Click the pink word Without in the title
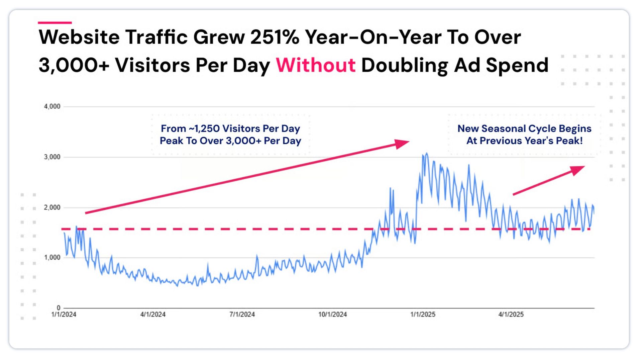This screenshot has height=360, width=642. pyautogui.click(x=315, y=65)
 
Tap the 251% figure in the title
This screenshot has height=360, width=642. pyautogui.click(x=274, y=37)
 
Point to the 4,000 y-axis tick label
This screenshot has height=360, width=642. pyautogui.click(x=52, y=106)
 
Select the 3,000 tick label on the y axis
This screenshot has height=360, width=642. pyautogui.click(x=52, y=157)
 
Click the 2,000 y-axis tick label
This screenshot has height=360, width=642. pyautogui.click(x=52, y=207)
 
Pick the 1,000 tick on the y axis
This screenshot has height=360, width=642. pyautogui.click(x=52, y=257)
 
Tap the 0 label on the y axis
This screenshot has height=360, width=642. pyautogui.click(x=59, y=307)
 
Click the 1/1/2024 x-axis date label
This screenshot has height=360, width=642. pyautogui.click(x=64, y=314)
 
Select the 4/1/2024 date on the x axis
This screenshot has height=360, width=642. pyautogui.click(x=153, y=314)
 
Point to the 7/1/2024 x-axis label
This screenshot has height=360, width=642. pyautogui.click(x=242, y=314)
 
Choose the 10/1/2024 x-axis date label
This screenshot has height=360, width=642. pyautogui.click(x=332, y=314)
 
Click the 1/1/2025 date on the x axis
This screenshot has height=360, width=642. pyautogui.click(x=423, y=314)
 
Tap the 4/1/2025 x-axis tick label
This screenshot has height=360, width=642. pyautogui.click(x=511, y=314)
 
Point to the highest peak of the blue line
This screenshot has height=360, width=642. pyautogui.click(x=427, y=154)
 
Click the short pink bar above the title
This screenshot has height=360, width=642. pyautogui.click(x=55, y=23)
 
